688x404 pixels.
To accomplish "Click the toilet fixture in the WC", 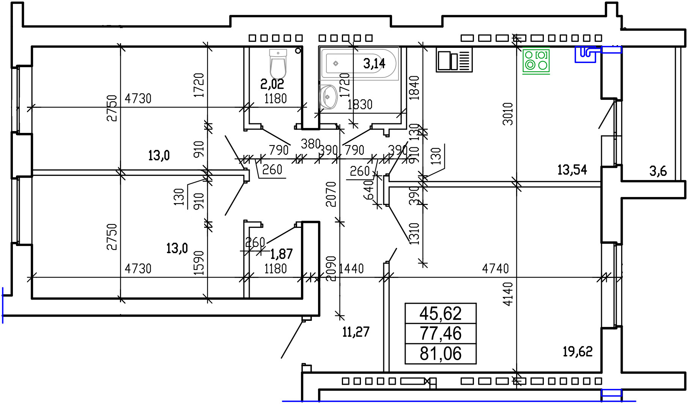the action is pyautogui.click(x=278, y=63).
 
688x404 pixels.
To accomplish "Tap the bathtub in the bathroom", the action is pyautogui.click(x=359, y=63).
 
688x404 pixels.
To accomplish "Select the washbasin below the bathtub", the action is pyautogui.click(x=328, y=97).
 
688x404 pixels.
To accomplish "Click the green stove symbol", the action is pyautogui.click(x=536, y=61).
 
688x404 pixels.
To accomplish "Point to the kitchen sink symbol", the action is pyautogui.click(x=454, y=60).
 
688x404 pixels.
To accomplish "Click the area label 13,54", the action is pyautogui.click(x=572, y=170).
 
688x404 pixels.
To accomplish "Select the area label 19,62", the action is pyautogui.click(x=577, y=352).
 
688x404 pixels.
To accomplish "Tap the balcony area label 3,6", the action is pyautogui.click(x=658, y=171).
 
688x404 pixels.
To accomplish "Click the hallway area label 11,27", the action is pyautogui.click(x=356, y=332).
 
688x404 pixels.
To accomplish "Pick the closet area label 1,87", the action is pyautogui.click(x=281, y=254).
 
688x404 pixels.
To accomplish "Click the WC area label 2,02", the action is pyautogui.click(x=272, y=84).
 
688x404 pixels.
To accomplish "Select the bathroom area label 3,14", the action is pyautogui.click(x=374, y=63).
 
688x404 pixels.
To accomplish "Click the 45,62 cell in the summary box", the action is pyautogui.click(x=441, y=313).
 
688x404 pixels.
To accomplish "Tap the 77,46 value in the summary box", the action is pyautogui.click(x=441, y=333).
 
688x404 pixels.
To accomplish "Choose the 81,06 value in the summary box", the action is pyautogui.click(x=441, y=353).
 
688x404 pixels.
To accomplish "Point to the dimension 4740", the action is pyautogui.click(x=495, y=269).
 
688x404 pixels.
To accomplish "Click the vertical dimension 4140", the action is pyautogui.click(x=508, y=294).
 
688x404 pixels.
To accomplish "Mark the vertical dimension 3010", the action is pyautogui.click(x=508, y=114).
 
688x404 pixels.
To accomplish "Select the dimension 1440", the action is pyautogui.click(x=351, y=269).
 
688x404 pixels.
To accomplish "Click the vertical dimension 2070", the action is pyautogui.click(x=331, y=194).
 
